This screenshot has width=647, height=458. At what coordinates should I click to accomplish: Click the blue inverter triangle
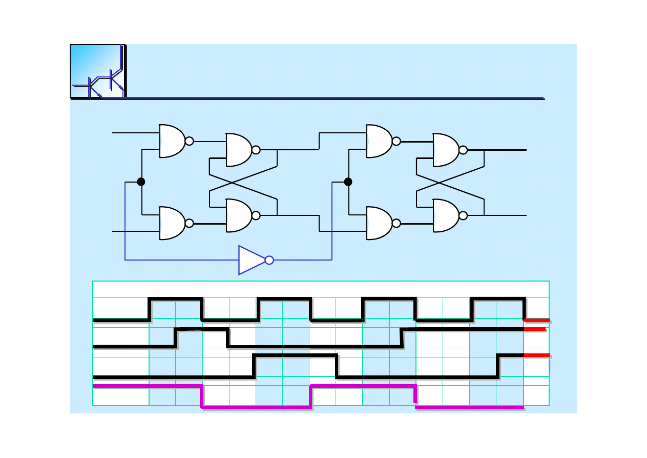pyautogui.click(x=251, y=260)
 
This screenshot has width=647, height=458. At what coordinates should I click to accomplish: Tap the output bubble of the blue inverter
pyautogui.click(x=269, y=260)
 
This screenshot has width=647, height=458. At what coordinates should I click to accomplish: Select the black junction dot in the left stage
pyautogui.click(x=141, y=182)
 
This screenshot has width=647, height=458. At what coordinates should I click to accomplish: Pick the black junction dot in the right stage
pyautogui.click(x=348, y=182)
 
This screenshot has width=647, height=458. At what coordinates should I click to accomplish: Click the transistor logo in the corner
pyautogui.click(x=97, y=71)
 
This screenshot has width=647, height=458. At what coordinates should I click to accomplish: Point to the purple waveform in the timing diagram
pyautogui.click(x=256, y=407)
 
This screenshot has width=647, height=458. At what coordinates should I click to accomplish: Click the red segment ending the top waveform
pyautogui.click(x=537, y=320)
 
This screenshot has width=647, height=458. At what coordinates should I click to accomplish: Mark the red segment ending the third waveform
pyautogui.click(x=537, y=355)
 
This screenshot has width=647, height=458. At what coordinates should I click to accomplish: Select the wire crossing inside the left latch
pyautogui.click(x=232, y=183)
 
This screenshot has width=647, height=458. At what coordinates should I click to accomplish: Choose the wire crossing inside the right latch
pyautogui.click(x=439, y=183)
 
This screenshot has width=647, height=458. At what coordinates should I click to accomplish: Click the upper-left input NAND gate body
pyautogui.click(x=172, y=141)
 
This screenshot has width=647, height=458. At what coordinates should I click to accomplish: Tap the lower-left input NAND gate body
pyautogui.click(x=172, y=223)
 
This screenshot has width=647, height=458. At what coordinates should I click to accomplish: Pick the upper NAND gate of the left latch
pyautogui.click(x=239, y=150)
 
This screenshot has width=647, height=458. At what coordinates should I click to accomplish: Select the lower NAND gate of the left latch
pyautogui.click(x=239, y=215)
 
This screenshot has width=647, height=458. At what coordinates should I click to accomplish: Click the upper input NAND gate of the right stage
pyautogui.click(x=379, y=141)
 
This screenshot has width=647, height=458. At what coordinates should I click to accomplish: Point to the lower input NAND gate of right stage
pyautogui.click(x=379, y=223)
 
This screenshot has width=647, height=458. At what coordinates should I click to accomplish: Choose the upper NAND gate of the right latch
pyautogui.click(x=446, y=150)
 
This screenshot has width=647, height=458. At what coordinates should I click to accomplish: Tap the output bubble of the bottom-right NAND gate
pyautogui.click(x=463, y=215)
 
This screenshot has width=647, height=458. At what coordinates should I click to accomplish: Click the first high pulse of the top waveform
pyautogui.click(x=176, y=298)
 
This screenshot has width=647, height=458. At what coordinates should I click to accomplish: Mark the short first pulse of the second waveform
pyautogui.click(x=202, y=329)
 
